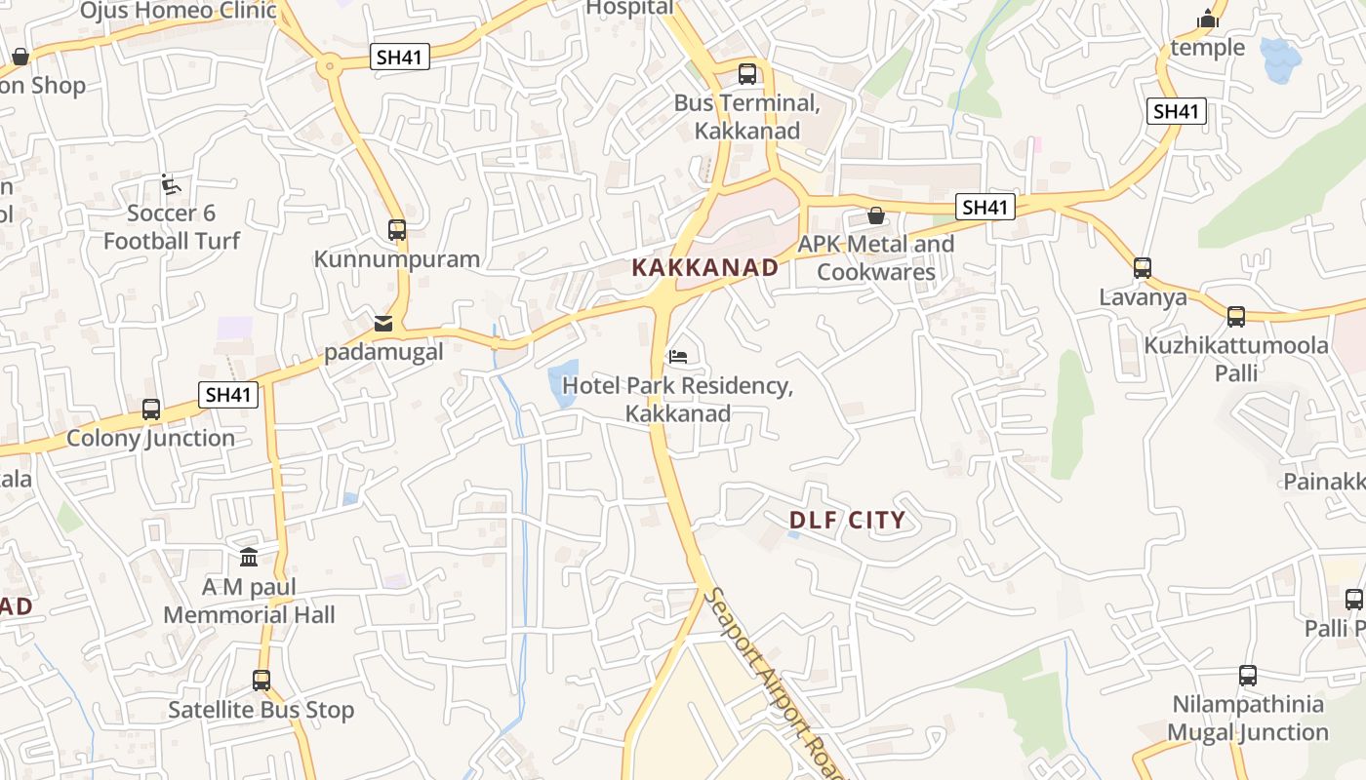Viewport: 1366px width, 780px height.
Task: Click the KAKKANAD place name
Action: pos(704,267)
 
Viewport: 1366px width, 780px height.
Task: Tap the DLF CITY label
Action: pos(847,521)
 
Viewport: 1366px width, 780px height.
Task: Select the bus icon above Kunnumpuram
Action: pos(396,230)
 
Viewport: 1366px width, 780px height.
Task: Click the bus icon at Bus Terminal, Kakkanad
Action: pos(747,73)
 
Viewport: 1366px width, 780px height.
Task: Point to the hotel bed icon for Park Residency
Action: pos(678,356)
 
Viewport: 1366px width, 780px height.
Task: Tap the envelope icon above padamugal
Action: pos(383,323)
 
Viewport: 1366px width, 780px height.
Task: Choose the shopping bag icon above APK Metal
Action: pos(876,215)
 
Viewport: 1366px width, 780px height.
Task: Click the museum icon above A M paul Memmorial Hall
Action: pos(249,559)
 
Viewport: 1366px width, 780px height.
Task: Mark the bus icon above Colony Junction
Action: pos(150,409)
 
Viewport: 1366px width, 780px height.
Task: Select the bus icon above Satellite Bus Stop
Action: pos(261,681)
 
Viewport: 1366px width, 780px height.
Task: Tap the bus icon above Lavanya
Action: pos(1142,267)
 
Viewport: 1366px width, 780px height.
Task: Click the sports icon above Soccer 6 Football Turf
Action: pos(170,183)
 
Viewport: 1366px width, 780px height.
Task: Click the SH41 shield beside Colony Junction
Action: pos(228,395)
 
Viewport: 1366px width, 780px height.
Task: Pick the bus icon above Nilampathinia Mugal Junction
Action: pos(1247,675)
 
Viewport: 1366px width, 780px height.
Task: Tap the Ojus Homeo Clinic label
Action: pos(179,12)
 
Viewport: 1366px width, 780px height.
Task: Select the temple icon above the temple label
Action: pos(1208,19)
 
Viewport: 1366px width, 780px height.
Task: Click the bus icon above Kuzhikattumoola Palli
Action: pos(1235,316)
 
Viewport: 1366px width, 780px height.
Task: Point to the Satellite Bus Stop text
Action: pos(261,710)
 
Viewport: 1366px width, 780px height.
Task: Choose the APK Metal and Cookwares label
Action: pos(876,257)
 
